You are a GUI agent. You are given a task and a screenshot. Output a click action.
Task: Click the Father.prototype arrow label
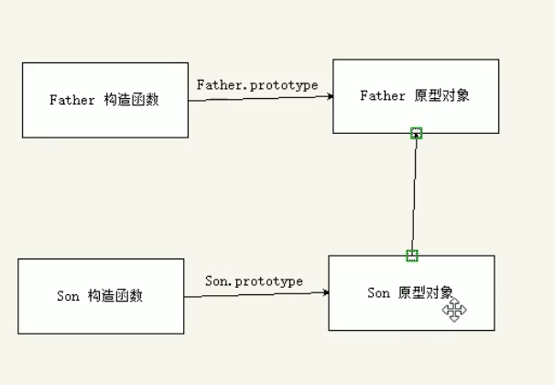(257, 84)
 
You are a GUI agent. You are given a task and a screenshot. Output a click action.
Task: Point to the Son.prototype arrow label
(254, 280)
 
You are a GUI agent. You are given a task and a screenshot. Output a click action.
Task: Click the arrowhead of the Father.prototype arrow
(328, 96)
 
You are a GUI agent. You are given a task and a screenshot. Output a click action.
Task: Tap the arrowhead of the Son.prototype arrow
(324, 292)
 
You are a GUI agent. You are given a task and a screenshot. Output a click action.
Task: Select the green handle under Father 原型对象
(417, 133)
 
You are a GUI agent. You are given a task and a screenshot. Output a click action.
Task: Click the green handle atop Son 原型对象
(412, 255)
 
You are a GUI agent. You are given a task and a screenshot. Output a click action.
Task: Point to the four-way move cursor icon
(454, 310)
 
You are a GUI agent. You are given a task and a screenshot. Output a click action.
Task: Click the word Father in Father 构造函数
(72, 100)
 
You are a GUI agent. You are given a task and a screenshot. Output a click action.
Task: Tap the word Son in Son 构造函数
(69, 296)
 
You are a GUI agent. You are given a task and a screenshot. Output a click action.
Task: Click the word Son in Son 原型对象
(378, 293)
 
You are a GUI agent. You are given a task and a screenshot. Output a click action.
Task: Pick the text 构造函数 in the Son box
(115, 296)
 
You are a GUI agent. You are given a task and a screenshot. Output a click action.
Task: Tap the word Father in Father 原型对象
(383, 95)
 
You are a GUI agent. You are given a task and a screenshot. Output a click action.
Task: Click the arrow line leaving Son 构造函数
(256, 293)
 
